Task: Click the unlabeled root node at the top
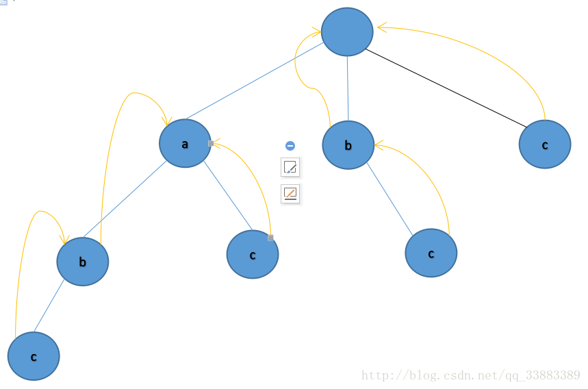[347, 32]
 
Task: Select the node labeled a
[185, 143]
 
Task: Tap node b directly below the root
[348, 145]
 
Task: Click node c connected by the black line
[544, 145]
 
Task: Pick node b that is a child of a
[82, 262]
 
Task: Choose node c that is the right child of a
[252, 254]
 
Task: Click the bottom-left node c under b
[34, 356]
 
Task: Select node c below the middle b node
[431, 253]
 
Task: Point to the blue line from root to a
[253, 81]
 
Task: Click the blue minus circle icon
[290, 146]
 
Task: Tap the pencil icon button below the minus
[290, 167]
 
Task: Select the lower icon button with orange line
[290, 194]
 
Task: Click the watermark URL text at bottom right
[470, 375]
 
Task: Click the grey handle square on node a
[211, 143]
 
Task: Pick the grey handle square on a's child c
[270, 238]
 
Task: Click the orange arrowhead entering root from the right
[381, 27]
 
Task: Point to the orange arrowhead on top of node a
[166, 121]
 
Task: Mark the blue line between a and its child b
[133, 200]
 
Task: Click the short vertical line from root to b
[348, 88]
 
